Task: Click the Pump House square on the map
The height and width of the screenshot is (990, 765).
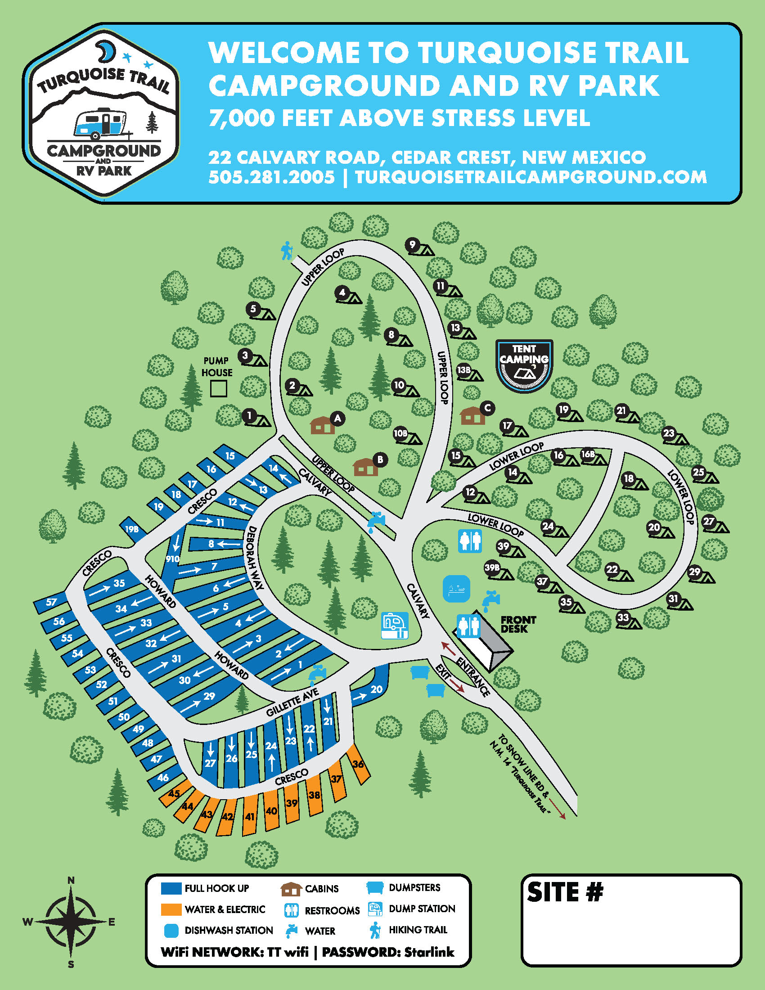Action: pos(218,388)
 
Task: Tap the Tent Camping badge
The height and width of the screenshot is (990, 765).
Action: pos(524,365)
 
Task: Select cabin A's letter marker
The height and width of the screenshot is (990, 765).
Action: pos(337,418)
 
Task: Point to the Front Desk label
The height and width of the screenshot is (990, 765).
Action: pos(518,624)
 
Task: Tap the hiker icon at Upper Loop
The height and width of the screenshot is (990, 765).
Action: pos(286,250)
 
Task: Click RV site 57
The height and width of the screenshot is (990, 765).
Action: pos(51,602)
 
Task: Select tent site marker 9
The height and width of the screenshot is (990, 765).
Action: pos(412,245)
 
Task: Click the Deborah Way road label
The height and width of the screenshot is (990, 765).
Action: pos(254,558)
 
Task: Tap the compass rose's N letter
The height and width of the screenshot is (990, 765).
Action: pos(71,880)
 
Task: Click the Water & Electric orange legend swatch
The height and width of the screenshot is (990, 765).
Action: pos(171,909)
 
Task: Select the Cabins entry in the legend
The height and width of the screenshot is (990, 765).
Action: pos(321,888)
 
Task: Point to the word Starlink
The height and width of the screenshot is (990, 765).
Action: pos(429,952)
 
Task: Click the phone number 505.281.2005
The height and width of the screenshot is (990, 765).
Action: pos(271,177)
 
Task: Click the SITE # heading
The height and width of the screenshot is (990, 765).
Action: pos(565,892)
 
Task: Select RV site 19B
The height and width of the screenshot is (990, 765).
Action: pos(132,529)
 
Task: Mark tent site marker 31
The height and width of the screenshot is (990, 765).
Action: pos(673,599)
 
